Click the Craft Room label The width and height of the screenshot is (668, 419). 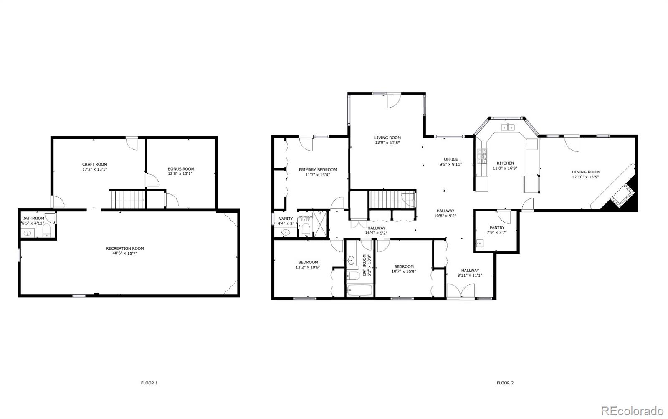[x=94, y=164]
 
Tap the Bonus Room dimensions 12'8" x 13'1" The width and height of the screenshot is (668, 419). [x=181, y=174]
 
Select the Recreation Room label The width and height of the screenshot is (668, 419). [x=125, y=248]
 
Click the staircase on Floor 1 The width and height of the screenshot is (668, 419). [x=127, y=199]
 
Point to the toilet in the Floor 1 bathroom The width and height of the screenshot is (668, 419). [x=46, y=230]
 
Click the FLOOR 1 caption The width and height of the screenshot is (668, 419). [x=149, y=383]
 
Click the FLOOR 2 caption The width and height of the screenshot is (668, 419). [x=505, y=383]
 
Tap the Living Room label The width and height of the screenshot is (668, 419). [x=387, y=138]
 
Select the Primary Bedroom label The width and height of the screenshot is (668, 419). [x=317, y=170]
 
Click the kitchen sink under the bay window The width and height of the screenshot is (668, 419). [x=507, y=128]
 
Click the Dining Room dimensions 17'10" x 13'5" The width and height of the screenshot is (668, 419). [x=585, y=177]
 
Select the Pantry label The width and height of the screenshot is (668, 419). [x=496, y=228]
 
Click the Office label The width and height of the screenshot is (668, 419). [x=450, y=159]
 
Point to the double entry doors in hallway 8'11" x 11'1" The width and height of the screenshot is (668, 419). [x=461, y=291]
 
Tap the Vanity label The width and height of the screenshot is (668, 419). [x=286, y=218]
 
